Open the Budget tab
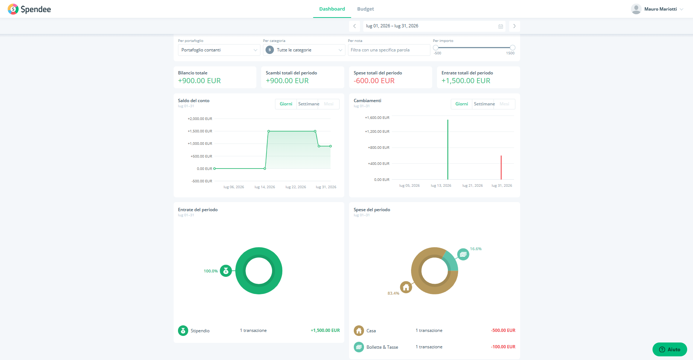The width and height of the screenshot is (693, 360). point(365,9)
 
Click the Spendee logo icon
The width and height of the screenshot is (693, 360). point(13,9)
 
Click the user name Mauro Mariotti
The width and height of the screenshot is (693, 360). point(661,9)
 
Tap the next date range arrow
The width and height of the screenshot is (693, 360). point(514,26)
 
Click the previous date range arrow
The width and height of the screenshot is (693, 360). point(355,26)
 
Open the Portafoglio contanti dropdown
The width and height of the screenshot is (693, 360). point(219,50)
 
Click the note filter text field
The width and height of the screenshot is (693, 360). point(389,50)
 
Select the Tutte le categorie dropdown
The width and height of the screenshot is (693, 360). point(304,50)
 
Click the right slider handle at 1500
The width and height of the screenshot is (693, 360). point(512,48)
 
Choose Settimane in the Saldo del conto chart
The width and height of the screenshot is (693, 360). point(309,104)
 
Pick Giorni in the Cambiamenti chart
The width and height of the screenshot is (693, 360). point(461,104)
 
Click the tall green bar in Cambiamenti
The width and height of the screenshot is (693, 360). point(448,150)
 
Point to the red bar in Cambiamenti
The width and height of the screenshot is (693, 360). point(501,167)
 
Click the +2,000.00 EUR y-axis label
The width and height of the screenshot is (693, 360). point(200,119)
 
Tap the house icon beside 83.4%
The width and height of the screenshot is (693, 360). point(406,287)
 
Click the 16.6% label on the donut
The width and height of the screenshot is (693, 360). point(476,249)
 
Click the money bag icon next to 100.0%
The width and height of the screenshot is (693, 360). point(226,271)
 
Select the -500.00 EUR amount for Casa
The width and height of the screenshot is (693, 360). point(503,330)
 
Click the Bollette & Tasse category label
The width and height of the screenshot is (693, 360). point(382,347)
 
